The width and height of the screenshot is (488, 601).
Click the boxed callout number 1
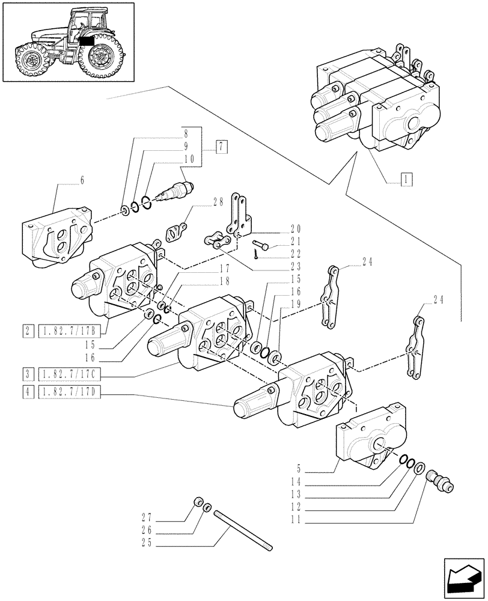pyautogui.click(x=407, y=178)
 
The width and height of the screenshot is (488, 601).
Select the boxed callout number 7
pyautogui.click(x=222, y=145)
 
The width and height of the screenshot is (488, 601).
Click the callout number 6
pyautogui.click(x=82, y=180)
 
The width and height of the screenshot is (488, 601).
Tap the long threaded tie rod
pyautogui.click(x=243, y=529)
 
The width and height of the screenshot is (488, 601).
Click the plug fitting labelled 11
pyautogui.click(x=440, y=481)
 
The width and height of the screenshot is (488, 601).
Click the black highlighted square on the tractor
pyautogui.click(x=86, y=41)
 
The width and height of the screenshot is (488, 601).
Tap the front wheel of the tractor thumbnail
pyautogui.click(x=29, y=59)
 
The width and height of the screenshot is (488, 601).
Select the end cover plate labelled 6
pyautogui.click(x=57, y=236)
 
